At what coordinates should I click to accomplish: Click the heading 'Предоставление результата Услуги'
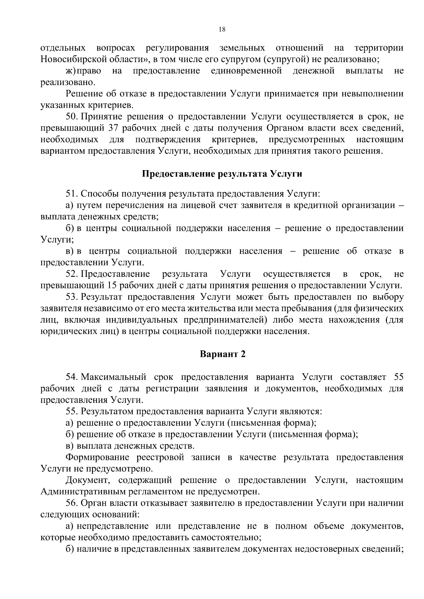pos(222,174)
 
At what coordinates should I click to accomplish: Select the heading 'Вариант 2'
pos(222,354)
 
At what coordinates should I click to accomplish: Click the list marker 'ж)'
pos(71,71)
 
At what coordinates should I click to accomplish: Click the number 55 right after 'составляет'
pos(398,377)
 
